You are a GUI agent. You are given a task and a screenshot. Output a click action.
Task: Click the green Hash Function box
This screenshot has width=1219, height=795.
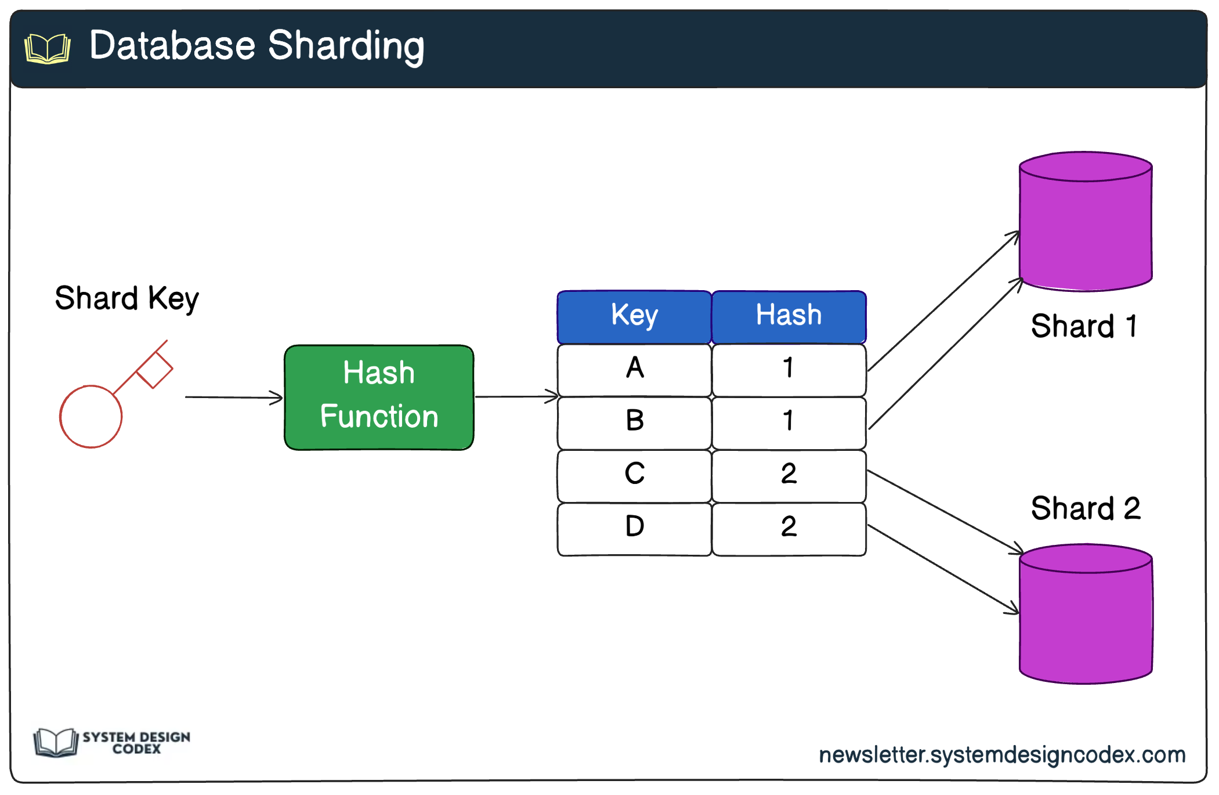point(379,397)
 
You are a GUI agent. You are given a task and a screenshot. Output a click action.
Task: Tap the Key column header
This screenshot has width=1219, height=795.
point(634,316)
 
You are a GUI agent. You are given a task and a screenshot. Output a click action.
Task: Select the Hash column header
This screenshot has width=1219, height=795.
point(788,316)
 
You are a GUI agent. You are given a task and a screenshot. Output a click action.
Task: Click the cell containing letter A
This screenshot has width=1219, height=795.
point(634,369)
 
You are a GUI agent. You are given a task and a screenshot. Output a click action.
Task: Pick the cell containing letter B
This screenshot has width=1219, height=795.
point(634,422)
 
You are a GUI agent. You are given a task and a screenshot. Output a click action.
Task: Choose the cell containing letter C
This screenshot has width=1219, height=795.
point(634,475)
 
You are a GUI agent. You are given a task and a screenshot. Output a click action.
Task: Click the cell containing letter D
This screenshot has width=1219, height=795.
point(634,527)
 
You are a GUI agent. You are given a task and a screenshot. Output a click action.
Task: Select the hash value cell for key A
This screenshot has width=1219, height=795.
point(788,369)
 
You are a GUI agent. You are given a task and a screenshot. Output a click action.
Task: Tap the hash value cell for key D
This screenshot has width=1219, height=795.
point(788,527)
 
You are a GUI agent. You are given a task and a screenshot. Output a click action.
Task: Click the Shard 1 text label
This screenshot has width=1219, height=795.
point(1084,326)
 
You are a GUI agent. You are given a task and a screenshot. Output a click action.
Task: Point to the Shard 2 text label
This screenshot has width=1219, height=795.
point(1085,508)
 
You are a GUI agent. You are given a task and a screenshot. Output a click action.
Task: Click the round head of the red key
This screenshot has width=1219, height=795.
point(91,416)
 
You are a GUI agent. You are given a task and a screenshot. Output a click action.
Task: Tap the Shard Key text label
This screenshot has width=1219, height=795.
point(126,299)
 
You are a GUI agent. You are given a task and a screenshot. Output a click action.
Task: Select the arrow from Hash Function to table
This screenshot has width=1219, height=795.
point(515,397)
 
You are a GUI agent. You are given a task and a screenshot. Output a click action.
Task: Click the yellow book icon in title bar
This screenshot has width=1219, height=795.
point(48,48)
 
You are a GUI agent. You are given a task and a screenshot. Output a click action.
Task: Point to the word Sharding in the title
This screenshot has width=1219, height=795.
point(346,46)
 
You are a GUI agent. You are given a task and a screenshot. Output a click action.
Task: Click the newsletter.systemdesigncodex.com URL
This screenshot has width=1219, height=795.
point(1002,754)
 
